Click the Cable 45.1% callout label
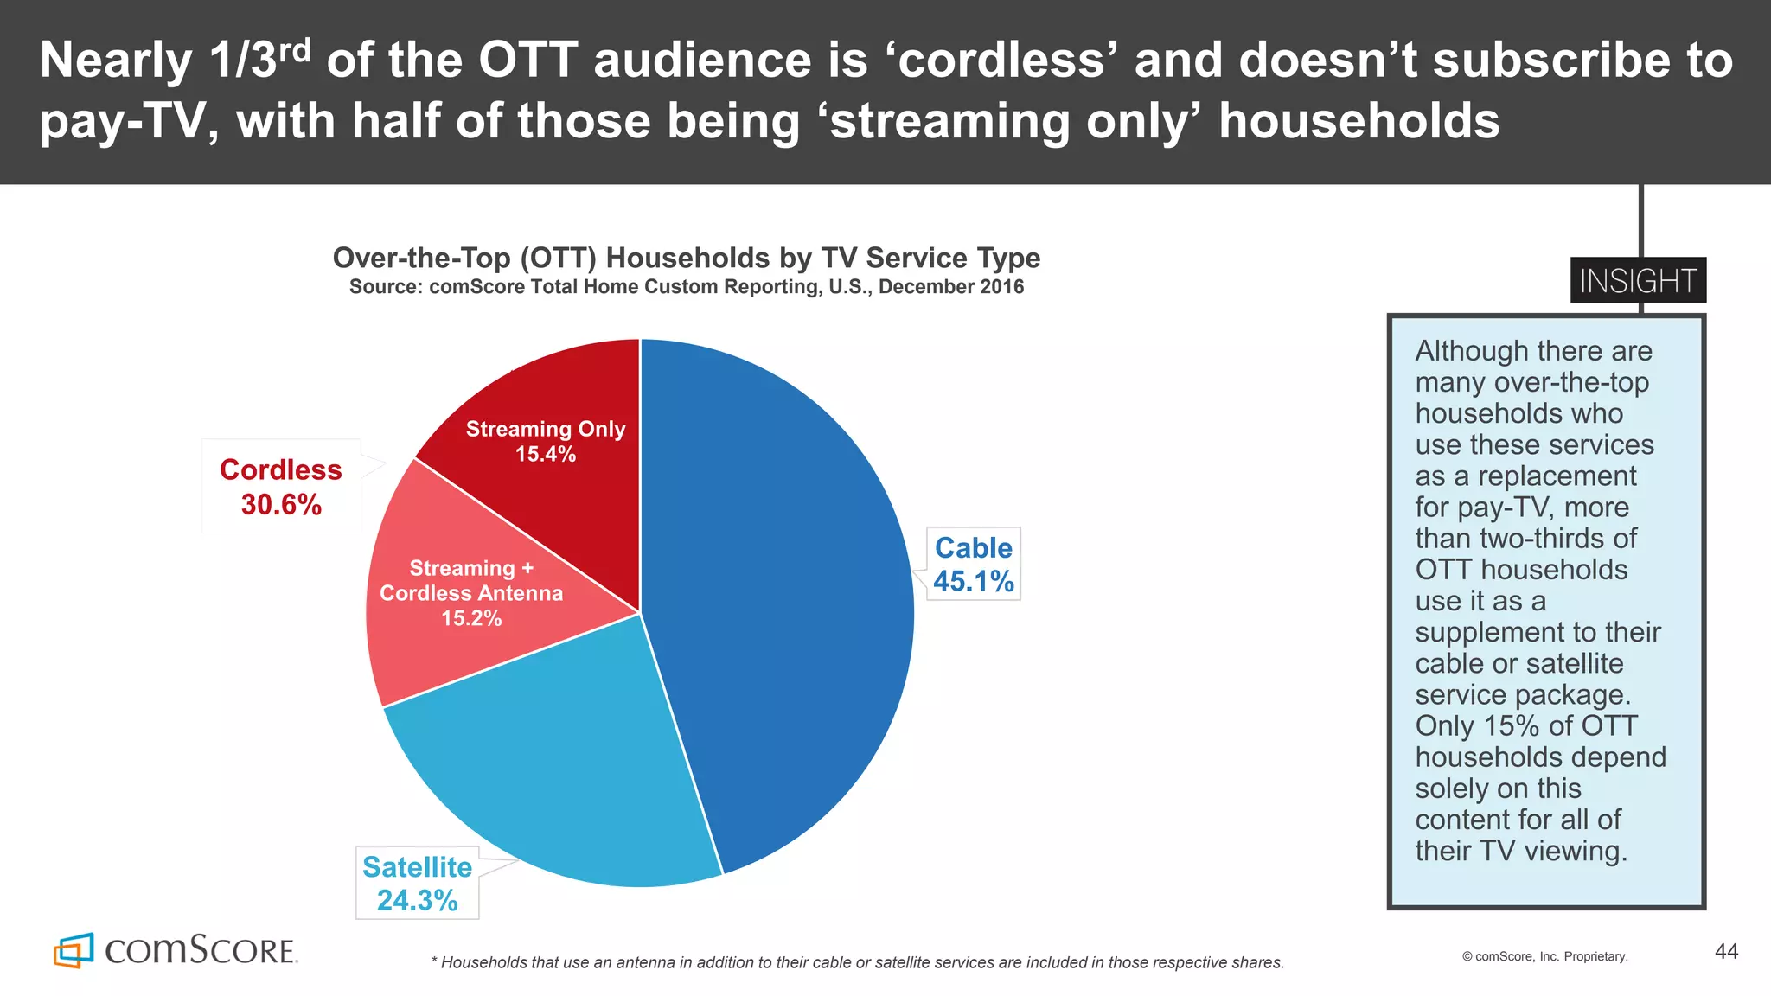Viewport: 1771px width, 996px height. point(974,564)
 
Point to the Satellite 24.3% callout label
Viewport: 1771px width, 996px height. point(417,883)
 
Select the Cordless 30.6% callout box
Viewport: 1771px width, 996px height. point(281,486)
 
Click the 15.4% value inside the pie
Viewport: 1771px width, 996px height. point(546,454)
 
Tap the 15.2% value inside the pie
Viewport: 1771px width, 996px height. point(471,618)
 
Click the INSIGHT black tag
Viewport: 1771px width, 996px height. point(1638,280)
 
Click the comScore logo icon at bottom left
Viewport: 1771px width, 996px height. point(73,950)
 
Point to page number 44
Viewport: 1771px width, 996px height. point(1726,951)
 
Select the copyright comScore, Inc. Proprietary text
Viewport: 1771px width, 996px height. point(1544,956)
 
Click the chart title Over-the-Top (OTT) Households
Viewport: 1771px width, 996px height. point(686,258)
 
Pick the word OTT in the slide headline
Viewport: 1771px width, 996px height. point(527,61)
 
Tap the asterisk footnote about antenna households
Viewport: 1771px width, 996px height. point(857,962)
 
